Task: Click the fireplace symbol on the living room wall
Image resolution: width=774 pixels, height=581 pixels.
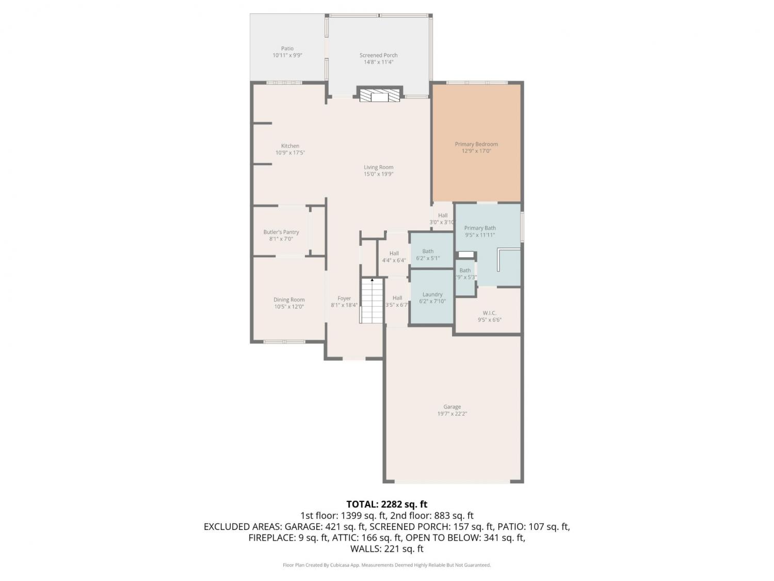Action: pos(379,94)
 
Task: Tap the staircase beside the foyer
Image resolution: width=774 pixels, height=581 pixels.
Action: pos(372,300)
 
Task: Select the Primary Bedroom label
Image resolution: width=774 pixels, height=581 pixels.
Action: pos(476,144)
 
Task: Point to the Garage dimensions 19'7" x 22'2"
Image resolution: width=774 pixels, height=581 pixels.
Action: pos(452,414)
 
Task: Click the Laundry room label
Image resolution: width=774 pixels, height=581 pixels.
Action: pos(432,294)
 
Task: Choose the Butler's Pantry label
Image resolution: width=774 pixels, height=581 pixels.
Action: pos(281,232)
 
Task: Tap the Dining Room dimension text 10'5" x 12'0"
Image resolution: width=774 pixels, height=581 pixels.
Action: pos(289,306)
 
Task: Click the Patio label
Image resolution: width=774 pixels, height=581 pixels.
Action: pos(287,49)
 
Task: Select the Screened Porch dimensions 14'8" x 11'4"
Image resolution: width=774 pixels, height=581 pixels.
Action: pos(378,62)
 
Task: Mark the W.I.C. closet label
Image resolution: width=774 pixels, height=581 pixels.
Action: pos(490,313)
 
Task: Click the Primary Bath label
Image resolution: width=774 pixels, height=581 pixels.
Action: pos(479,228)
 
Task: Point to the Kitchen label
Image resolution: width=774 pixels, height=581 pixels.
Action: pos(290,146)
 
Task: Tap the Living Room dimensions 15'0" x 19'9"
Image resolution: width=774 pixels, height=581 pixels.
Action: pos(378,174)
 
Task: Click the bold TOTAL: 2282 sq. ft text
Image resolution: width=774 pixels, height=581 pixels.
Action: pos(387,504)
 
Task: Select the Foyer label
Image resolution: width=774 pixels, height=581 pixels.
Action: pos(344,298)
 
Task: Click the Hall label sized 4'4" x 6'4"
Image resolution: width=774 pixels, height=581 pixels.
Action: pos(394,253)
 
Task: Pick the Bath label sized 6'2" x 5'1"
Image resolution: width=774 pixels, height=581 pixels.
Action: pos(428,251)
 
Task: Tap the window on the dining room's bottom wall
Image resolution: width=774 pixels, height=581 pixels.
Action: pos(284,341)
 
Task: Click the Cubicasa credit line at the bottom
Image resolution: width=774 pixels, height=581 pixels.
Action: pos(386,565)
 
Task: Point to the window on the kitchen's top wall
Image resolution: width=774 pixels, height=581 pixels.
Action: pos(284,83)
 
